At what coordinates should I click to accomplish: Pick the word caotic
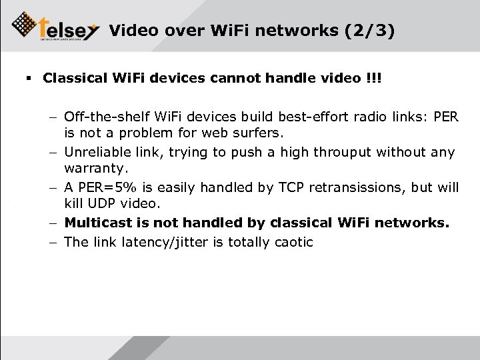tap(291, 242)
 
